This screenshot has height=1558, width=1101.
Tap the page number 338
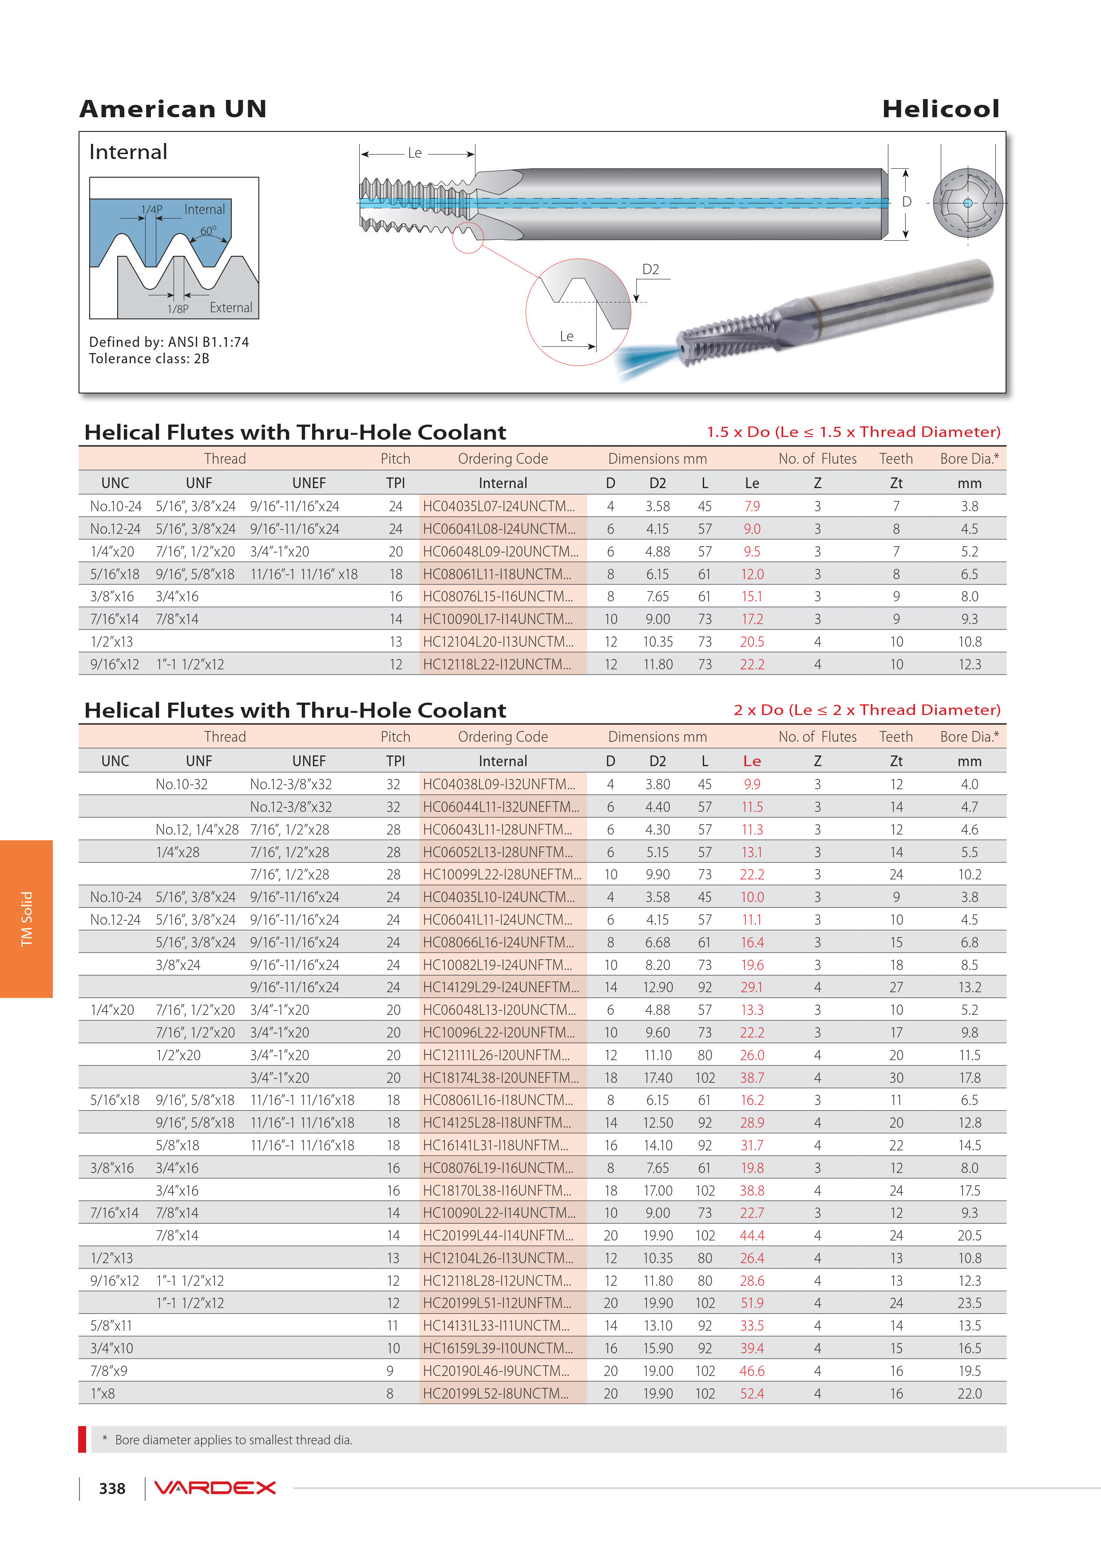[112, 1488]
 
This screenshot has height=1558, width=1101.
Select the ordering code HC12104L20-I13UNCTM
[498, 641]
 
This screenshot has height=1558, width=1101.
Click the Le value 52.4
[752, 1393]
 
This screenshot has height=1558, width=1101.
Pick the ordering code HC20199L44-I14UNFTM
[498, 1235]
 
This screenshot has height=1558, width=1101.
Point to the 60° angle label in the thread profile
[208, 231]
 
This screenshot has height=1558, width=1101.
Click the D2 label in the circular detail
[650, 270]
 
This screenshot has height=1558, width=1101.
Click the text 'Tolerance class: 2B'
[149, 359]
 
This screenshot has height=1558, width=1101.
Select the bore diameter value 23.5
[970, 1303]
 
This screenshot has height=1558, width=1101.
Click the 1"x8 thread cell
[103, 1393]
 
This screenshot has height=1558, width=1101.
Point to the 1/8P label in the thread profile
[178, 309]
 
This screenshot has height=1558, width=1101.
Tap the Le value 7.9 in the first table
[752, 506]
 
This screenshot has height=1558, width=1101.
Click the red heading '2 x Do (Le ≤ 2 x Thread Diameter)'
[866, 710]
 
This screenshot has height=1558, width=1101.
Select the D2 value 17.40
[657, 1077]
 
